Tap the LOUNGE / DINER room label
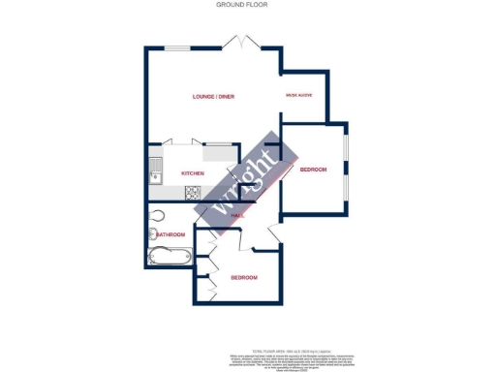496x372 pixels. tap(213, 96)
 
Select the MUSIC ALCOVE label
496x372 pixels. tap(297, 96)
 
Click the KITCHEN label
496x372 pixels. tap(193, 173)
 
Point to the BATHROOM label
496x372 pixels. tap(171, 234)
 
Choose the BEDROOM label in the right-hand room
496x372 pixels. tap(313, 170)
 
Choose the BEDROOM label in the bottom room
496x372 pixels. tap(244, 278)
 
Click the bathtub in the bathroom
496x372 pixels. tap(169, 258)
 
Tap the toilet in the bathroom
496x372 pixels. tap(157, 215)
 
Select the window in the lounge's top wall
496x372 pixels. tap(177, 48)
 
